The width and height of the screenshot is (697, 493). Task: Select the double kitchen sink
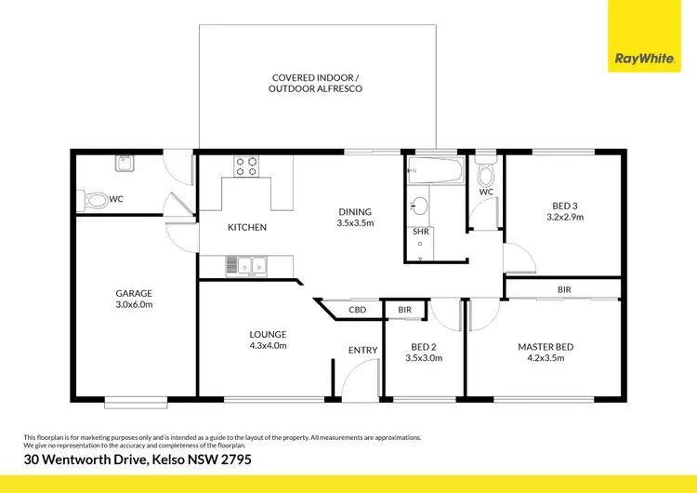(245, 268)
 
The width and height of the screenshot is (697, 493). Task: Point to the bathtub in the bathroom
(435, 170)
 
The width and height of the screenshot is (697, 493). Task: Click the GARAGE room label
(134, 298)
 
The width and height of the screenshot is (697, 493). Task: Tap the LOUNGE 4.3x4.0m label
(268, 340)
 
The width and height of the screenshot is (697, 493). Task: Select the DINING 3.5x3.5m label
(355, 217)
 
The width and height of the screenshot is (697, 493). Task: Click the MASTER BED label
(546, 352)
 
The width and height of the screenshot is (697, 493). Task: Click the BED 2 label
(427, 352)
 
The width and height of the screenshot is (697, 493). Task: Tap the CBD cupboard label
(357, 310)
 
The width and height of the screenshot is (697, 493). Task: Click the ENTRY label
(362, 350)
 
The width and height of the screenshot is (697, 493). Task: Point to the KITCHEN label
(247, 227)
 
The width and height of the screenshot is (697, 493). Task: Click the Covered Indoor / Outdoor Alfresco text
(315, 83)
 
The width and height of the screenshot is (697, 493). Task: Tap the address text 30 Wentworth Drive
(138, 460)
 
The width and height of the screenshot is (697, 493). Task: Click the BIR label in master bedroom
(564, 290)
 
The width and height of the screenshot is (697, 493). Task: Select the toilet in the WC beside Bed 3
(485, 176)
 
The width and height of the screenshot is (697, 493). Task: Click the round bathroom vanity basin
(419, 206)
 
